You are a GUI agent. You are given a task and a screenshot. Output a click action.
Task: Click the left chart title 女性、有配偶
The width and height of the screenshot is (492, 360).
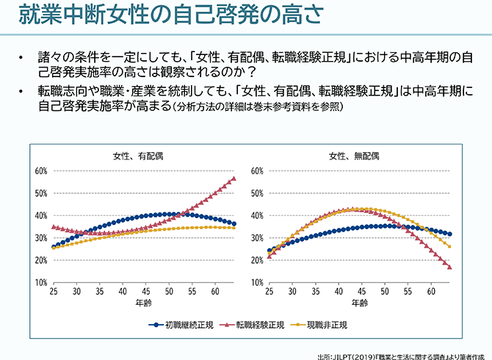click(x=138, y=156)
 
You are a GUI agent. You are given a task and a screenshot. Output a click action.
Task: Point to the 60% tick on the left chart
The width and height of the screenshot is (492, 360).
click(x=42, y=170)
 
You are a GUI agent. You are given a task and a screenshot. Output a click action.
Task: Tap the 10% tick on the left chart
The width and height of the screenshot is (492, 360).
click(x=42, y=283)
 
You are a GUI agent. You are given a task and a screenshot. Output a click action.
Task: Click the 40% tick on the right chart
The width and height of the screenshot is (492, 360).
click(x=258, y=216)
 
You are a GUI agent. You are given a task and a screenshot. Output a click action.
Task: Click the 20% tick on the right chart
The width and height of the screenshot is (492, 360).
click(x=258, y=261)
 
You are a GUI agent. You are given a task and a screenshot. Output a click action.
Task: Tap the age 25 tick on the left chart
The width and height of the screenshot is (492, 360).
click(x=54, y=292)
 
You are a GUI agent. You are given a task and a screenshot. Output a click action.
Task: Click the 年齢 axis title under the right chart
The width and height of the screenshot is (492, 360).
click(x=359, y=303)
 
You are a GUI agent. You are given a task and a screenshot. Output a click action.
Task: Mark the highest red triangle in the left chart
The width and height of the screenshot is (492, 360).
click(x=233, y=179)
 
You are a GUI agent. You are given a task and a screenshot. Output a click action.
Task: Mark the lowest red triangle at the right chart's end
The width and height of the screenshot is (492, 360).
click(x=449, y=267)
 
